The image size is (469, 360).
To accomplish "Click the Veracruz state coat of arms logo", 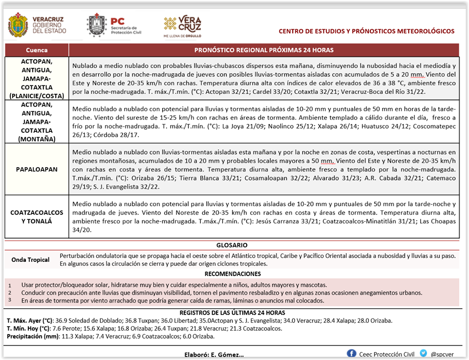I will tap(18, 25).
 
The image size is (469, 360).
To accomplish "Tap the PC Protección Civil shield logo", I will tap(96, 25).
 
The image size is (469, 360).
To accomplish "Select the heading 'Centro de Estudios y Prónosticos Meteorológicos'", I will tap(366, 31).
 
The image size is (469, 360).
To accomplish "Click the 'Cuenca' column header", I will tap(37, 50).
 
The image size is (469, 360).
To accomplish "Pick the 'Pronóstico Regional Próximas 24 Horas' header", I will tap(264, 50).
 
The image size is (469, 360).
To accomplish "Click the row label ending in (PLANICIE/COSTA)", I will tap(37, 79).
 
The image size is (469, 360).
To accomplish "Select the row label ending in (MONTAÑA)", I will tap(37, 121).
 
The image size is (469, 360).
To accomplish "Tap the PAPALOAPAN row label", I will tap(37, 169).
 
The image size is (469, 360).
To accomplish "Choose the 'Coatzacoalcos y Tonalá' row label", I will tap(37, 217).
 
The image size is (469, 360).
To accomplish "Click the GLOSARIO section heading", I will tap(232, 245).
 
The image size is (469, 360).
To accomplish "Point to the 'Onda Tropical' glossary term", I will tap(31, 260).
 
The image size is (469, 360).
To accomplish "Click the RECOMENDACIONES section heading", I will tap(233, 274).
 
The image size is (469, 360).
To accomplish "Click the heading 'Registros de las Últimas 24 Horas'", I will tap(232, 313).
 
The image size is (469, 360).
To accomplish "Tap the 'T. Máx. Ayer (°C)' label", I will tap(29, 320).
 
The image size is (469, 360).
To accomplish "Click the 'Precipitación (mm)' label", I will tap(30, 337).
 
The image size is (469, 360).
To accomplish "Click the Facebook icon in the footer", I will tap(351, 354).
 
